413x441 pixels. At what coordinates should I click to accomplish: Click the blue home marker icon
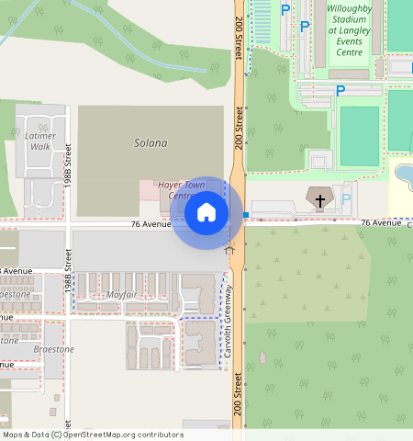206,212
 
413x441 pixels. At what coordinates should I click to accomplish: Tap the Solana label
151,142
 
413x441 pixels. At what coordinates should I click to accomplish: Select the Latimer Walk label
41,141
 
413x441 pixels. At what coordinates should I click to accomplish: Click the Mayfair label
121,294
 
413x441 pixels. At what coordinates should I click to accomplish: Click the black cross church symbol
320,199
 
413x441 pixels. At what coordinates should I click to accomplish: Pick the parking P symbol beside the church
346,198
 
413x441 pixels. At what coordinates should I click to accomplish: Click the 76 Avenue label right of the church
381,222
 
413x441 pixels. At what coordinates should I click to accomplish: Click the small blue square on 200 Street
246,215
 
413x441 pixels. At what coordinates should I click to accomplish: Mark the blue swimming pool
403,174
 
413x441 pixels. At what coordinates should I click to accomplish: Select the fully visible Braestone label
54,349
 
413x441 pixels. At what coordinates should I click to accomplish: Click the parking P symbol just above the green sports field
340,91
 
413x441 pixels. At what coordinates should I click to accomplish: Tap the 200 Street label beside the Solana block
238,128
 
